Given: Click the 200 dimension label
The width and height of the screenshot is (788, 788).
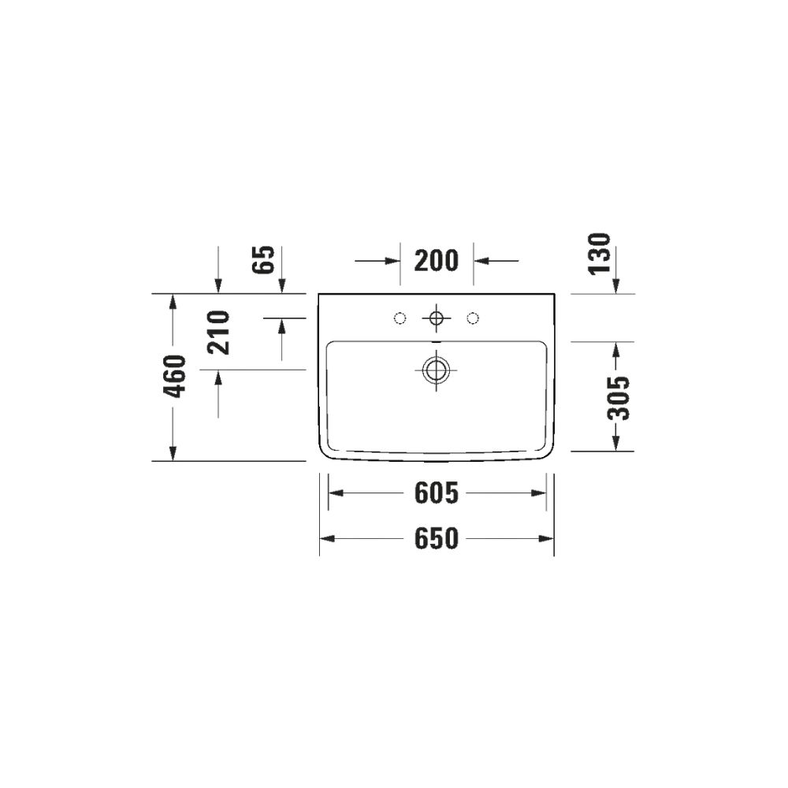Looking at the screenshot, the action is tap(437, 261).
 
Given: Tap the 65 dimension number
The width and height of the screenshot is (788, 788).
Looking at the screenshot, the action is tap(264, 259).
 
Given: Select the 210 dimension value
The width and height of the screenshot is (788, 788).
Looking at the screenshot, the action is tap(218, 333).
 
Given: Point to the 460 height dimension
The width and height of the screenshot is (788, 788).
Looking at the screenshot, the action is tap(175, 376).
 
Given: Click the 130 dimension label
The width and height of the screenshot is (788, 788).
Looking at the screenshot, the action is tap(600, 254).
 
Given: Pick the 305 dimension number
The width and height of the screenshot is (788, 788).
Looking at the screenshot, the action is tap(618, 397).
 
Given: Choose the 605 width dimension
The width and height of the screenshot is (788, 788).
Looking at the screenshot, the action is tap(437, 493).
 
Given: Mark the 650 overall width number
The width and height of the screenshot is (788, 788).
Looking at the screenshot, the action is tap(437, 539).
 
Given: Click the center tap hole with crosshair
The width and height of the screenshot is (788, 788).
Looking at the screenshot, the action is tap(437, 318).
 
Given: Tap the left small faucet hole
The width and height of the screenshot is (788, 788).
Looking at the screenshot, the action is tap(400, 318).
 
